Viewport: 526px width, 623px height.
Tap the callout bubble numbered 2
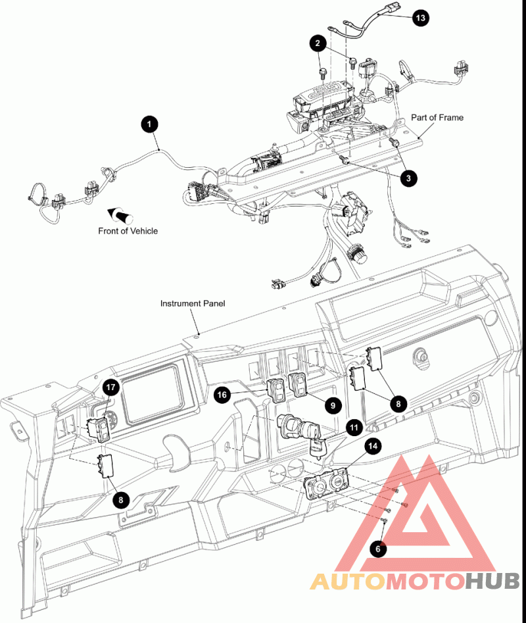318,44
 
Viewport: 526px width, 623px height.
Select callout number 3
408,177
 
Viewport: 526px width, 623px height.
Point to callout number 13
421,18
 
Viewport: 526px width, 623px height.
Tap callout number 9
333,405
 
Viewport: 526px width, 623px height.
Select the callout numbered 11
354,428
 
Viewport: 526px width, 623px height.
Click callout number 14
373,446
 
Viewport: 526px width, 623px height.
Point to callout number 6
377,547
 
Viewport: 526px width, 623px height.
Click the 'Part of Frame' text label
437,118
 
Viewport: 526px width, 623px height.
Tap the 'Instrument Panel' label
193,303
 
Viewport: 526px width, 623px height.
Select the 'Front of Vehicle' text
128,231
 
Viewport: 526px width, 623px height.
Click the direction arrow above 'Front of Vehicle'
120,214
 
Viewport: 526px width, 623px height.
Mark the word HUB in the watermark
494,582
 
